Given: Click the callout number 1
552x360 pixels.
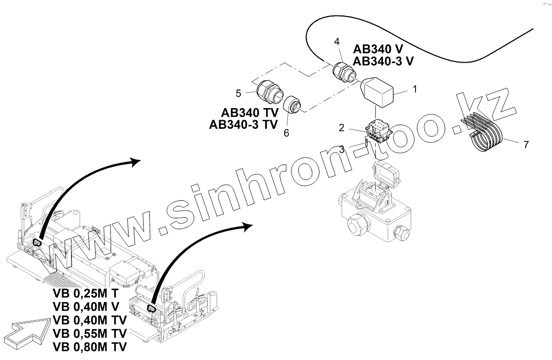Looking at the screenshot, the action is (x=414, y=89).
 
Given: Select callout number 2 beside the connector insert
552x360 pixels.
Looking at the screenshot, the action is (x=341, y=127).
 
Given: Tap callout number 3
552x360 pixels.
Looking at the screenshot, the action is (x=342, y=149).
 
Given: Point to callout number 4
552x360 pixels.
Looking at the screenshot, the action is (x=337, y=41).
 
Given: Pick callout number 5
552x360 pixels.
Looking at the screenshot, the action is (x=238, y=93).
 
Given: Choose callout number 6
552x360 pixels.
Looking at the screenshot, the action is (x=286, y=133).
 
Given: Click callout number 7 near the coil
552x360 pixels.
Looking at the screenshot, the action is (x=526, y=145).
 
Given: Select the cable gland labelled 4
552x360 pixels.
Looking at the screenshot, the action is (x=343, y=71).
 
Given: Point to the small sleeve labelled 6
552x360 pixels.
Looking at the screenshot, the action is (x=296, y=104).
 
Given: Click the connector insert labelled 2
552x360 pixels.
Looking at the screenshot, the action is (x=377, y=130).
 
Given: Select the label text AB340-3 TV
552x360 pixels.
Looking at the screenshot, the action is (x=243, y=124).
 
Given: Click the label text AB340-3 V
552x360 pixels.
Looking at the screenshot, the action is (x=382, y=61).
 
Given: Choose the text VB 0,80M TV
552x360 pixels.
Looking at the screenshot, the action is (x=89, y=347).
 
